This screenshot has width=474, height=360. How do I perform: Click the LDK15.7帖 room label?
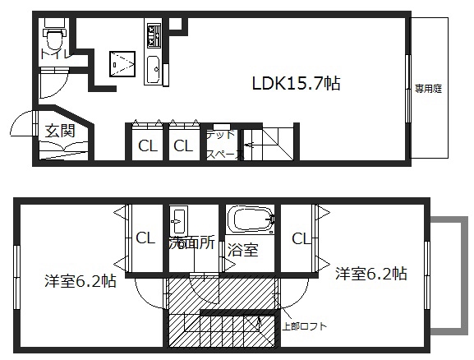pos(297,83)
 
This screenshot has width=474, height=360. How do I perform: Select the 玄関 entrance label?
pos(60,131)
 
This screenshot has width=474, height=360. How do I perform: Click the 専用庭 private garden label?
pos(428,89)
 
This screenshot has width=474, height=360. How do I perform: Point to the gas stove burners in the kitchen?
pos(154,35)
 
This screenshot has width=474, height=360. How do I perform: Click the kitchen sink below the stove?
pos(154,70)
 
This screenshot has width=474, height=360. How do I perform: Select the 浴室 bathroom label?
pos(242,250)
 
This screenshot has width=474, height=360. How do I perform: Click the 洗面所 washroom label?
pos(192,242)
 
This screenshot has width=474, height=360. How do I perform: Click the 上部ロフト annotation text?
pos(304,326)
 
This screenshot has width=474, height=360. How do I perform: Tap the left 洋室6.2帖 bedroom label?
pos(81,281)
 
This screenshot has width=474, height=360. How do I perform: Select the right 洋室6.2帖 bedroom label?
pos(371,274)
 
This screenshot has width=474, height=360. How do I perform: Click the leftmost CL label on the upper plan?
pos(148,146)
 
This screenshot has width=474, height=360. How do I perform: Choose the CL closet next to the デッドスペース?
pos(183,145)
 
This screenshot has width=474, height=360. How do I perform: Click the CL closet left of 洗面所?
pos(145,238)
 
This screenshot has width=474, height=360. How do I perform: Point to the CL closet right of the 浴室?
pos(301,238)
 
